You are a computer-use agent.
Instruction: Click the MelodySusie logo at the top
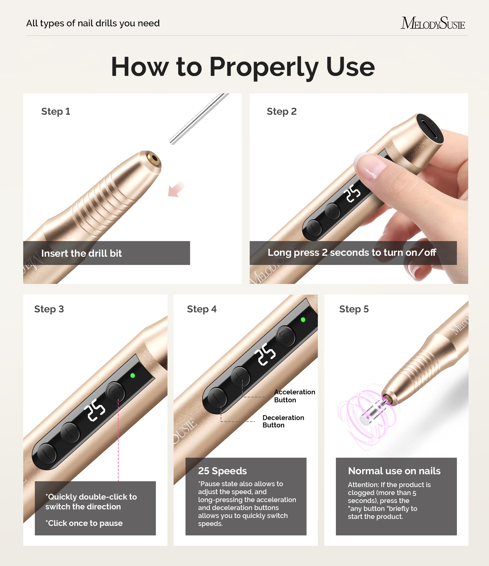[x=433, y=23]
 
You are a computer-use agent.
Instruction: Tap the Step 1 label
[x=56, y=111]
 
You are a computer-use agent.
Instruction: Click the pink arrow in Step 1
[x=176, y=189]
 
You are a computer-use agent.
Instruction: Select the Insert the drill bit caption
[x=81, y=253]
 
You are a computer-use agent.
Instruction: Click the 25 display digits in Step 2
[x=352, y=193]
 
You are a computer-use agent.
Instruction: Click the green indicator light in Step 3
[x=133, y=375]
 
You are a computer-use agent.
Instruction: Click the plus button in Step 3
[x=70, y=433]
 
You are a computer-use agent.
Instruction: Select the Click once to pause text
[x=84, y=523]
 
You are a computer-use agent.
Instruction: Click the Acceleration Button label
[x=294, y=396]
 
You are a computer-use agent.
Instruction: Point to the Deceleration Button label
[x=283, y=421]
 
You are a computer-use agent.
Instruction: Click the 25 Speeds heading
[x=222, y=471]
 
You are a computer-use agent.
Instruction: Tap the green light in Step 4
[x=303, y=320]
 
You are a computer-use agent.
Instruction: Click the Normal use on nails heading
[x=394, y=471]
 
